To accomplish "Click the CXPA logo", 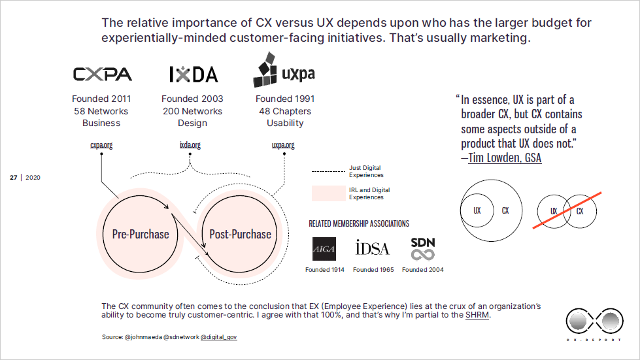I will coord(102,74).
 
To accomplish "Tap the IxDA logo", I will coord(193,74).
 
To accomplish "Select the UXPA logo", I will coord(284,71).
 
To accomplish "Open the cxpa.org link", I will coord(101,145).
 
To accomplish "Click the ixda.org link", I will coord(190,145).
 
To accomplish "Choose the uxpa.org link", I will coord(283,145).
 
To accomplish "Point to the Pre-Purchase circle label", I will coord(141,234).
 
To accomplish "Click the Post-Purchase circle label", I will coord(240,234).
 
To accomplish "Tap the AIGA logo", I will coord(324,248).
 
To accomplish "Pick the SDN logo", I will coord(422,248).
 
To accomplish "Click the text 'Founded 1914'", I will coord(325,270).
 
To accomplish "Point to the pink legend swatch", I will coord(328,193).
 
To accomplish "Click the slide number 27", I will coord(13,178).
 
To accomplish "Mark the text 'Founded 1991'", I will coord(285,99).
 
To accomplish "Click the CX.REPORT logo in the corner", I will coord(592,322).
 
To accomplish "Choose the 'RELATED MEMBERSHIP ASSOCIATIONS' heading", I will coord(359,223).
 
